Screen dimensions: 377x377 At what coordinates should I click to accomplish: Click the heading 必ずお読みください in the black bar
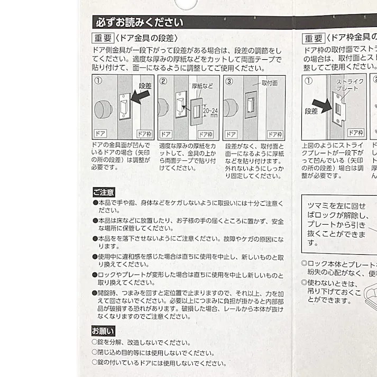coord(139,23)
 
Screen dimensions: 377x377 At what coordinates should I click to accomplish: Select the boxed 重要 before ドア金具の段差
coord(103,38)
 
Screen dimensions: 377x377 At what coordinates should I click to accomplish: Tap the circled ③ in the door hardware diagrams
coord(229,81)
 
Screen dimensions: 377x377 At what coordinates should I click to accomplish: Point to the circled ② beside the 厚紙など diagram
coord(163,81)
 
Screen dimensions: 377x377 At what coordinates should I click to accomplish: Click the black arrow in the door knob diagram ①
coord(140,97)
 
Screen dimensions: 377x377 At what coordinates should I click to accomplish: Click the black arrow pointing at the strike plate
coord(321,104)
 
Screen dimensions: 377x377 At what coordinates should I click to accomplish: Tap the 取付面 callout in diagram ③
coord(273,84)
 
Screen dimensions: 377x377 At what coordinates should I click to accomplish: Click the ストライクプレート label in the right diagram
coord(347,86)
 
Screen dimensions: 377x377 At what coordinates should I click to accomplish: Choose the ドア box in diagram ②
coord(165,134)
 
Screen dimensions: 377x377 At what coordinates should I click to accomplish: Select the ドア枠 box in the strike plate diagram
coord(355,132)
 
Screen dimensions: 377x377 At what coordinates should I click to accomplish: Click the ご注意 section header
coord(103,192)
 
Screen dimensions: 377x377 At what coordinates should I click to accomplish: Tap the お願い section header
coord(103,331)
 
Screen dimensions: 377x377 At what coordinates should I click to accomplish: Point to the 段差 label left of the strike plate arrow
coord(311,112)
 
